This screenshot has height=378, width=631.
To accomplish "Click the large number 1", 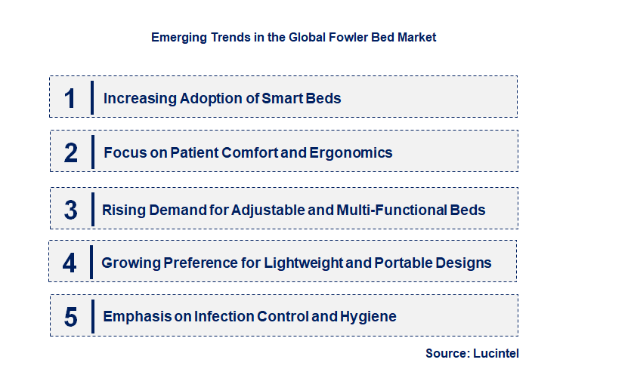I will [70, 98].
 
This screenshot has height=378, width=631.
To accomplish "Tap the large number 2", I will [71, 153].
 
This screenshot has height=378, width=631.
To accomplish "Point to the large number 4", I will [70, 263].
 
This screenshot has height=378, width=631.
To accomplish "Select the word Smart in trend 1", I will [281, 98].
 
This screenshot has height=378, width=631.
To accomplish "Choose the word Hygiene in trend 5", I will [368, 316].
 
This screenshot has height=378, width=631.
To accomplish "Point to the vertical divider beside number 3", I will [91, 209].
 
